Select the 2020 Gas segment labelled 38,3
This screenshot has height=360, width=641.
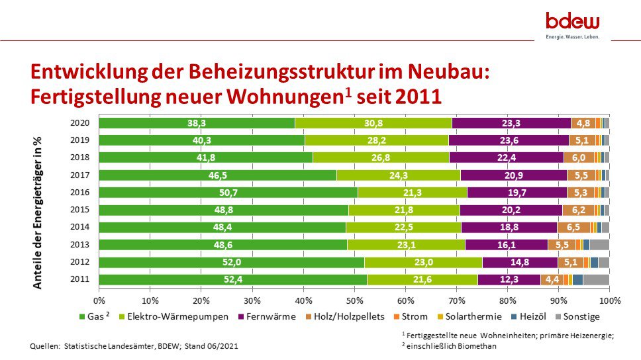(197, 122)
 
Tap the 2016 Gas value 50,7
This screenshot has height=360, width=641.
(228, 192)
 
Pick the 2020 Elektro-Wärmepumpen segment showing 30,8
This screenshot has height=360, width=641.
(373, 122)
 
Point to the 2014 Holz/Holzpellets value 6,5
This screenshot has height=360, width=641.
(573, 227)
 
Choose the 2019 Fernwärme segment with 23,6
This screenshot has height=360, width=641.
(509, 140)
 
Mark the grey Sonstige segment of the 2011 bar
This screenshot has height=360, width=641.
(596, 279)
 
